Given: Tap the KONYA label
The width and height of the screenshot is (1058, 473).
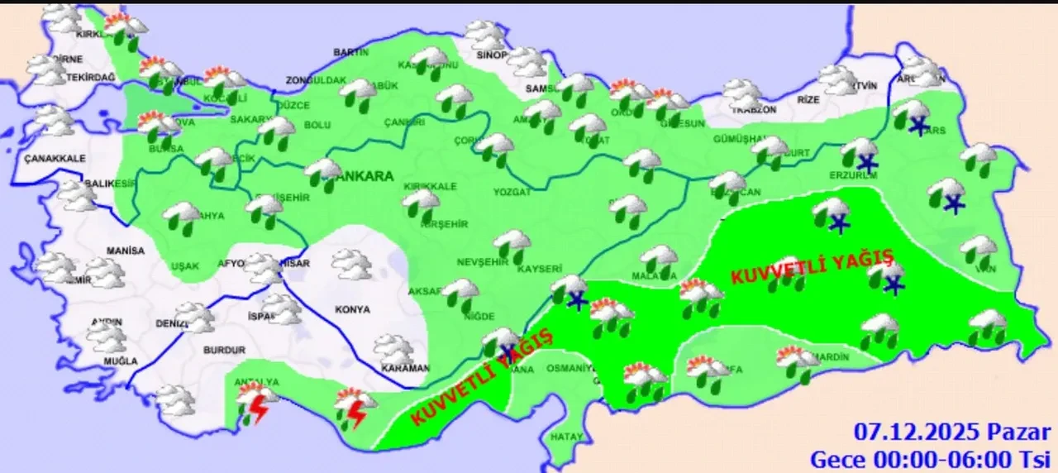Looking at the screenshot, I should coord(353,309).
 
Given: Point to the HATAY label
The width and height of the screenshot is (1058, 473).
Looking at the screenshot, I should coord(567,436).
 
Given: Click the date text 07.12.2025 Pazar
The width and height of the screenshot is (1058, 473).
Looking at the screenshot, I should coord(952,432).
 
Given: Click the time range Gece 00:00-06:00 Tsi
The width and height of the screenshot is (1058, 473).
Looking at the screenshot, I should coord(930,457).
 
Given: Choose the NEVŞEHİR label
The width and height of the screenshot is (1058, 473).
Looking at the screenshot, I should coord(480,262).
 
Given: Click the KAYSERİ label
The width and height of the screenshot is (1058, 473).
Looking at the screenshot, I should coord(540,270).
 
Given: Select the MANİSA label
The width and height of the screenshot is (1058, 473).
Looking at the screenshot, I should coord(125,251).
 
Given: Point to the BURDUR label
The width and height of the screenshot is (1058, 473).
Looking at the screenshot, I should coord(224,350).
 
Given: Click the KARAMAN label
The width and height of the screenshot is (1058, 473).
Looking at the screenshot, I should coord(406,368).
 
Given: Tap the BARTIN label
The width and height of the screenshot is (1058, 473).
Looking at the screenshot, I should coord(350,52).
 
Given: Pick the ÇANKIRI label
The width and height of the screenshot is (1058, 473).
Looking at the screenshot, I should coord(404,123).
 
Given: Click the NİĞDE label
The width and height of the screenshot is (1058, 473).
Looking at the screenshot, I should coord(479,317).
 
